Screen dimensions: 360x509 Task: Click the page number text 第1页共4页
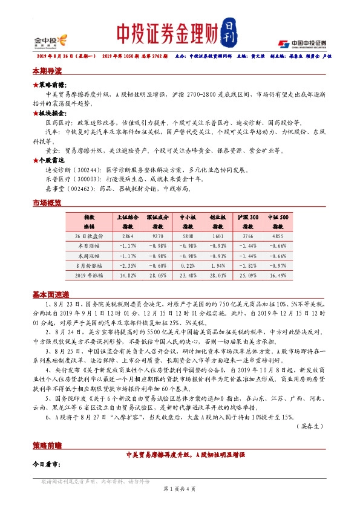pyautogui.click(x=179, y=488)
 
